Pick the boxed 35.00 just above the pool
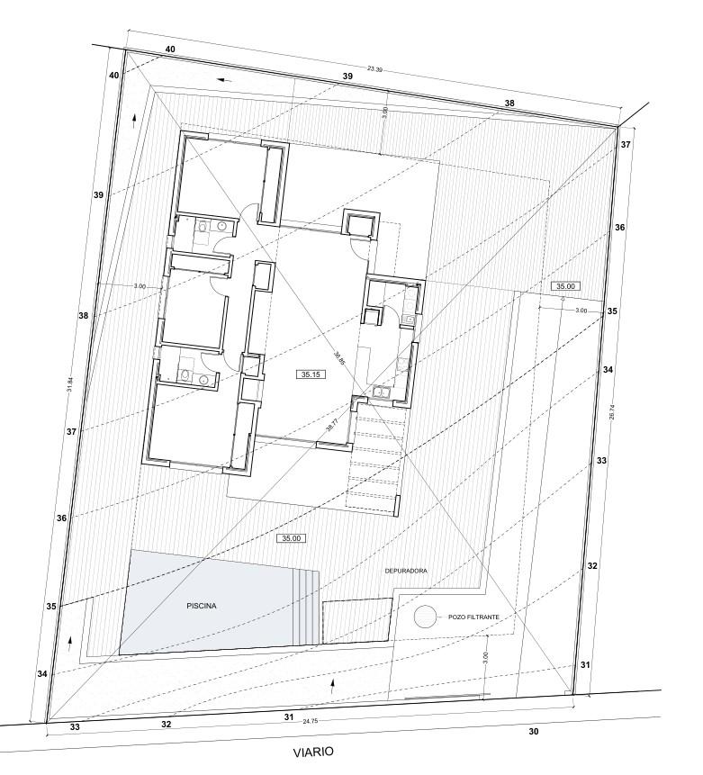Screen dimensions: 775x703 pos(290,538)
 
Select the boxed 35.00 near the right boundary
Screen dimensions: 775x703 pos(566,285)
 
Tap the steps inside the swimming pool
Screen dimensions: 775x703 pos(307,608)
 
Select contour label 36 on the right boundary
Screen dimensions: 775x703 pos(619,228)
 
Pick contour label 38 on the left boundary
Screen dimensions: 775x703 pos(83,316)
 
